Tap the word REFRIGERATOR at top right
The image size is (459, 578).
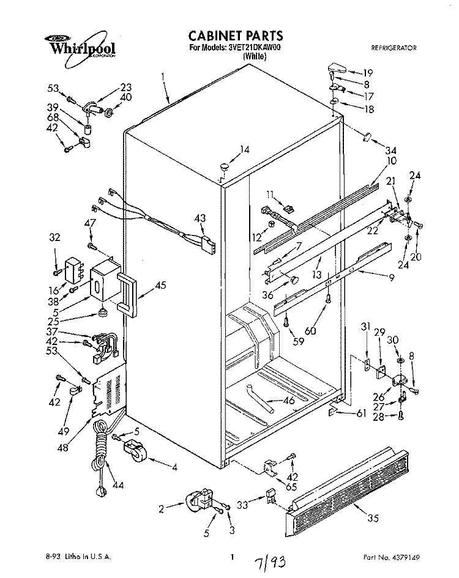395,47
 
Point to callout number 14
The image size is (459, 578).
245,149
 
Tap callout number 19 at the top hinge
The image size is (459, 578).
368,73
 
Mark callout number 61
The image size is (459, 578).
361,414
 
